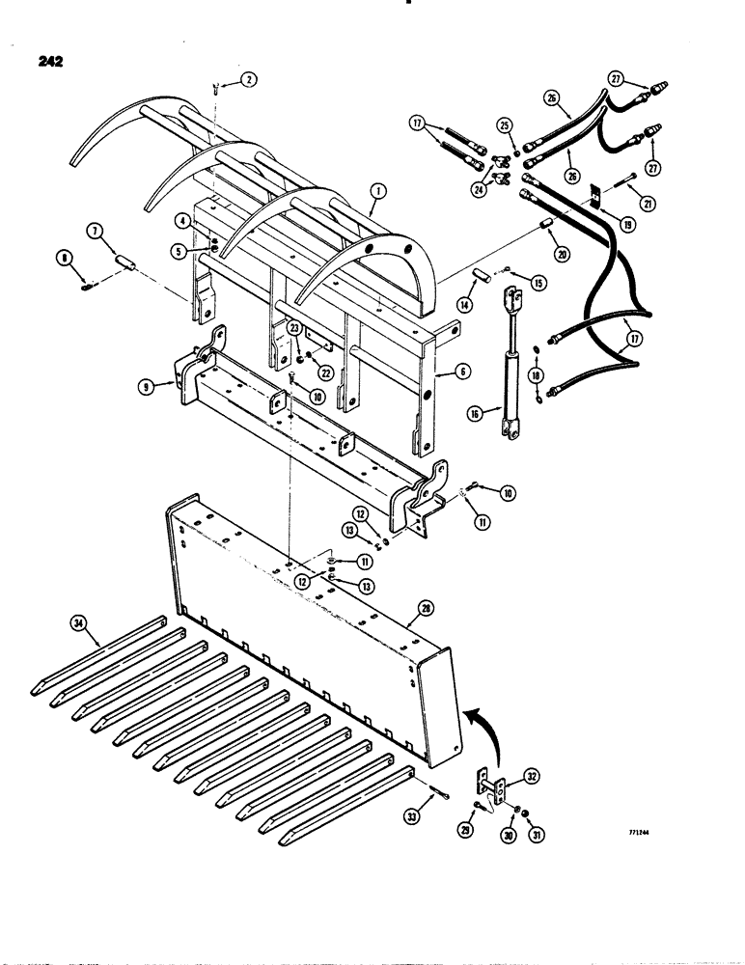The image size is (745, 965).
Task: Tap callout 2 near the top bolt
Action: pos(249,82)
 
